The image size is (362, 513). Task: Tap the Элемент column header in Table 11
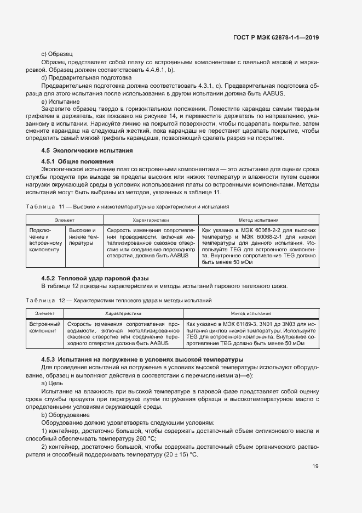(64, 219)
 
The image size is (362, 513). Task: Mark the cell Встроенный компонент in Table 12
(45, 328)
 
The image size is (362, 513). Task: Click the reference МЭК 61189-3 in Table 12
(241, 324)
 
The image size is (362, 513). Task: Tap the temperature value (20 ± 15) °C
(179, 456)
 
